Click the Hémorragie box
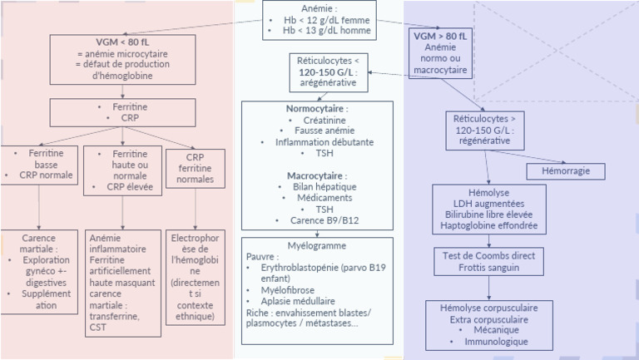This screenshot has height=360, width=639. (x=565, y=170)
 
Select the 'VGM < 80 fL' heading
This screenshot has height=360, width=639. (x=122, y=42)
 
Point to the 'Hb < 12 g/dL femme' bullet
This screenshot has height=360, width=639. (x=319, y=20)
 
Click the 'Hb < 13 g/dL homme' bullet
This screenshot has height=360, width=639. (x=320, y=32)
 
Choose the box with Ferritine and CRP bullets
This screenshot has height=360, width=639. (x=122, y=112)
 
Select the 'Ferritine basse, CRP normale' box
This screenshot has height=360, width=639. (x=39, y=165)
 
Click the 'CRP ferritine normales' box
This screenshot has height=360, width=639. (x=195, y=168)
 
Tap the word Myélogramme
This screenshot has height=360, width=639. (x=315, y=246)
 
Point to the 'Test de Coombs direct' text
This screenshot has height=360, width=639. (x=488, y=255)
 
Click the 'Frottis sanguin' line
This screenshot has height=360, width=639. (x=488, y=267)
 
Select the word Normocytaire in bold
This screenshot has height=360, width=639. (x=317, y=109)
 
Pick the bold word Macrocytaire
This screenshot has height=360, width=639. (x=317, y=176)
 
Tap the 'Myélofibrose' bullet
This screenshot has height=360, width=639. (x=281, y=290)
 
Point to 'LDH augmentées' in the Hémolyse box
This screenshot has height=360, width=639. (x=488, y=203)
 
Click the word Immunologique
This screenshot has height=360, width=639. (x=496, y=341)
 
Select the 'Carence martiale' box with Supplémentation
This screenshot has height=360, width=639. (x=39, y=271)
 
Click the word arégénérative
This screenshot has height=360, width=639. (x=327, y=83)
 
